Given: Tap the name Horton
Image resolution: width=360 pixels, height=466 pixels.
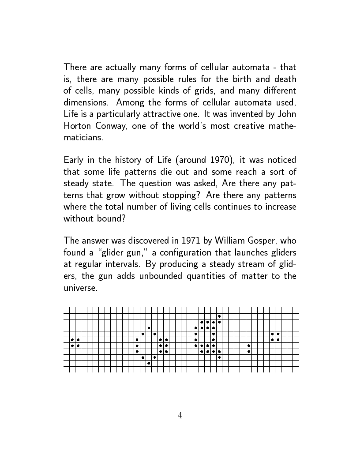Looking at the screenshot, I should [x=78, y=125].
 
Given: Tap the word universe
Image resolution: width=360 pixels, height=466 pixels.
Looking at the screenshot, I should [x=79, y=288].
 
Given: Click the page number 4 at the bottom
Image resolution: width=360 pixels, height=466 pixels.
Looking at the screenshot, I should [x=180, y=415].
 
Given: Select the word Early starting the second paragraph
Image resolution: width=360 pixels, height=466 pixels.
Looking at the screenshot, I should [x=74, y=160].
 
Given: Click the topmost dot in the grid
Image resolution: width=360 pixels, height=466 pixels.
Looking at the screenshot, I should [x=219, y=316].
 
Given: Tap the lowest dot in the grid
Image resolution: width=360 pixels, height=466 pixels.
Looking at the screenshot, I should [x=149, y=363].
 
